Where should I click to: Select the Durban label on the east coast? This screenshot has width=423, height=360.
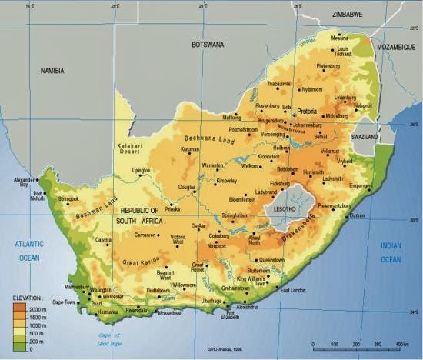pyautogui.click(x=358, y=216)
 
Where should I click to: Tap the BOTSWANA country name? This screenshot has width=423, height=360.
pyautogui.click(x=208, y=45)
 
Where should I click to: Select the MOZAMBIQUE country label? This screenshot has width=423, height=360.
pyautogui.click(x=396, y=47)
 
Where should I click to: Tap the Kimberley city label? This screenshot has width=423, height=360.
pyautogui.click(x=226, y=181)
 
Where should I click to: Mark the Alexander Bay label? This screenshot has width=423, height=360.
pyautogui.click(x=25, y=182)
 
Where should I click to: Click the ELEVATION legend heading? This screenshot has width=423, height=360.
pyautogui.click(x=28, y=296)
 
